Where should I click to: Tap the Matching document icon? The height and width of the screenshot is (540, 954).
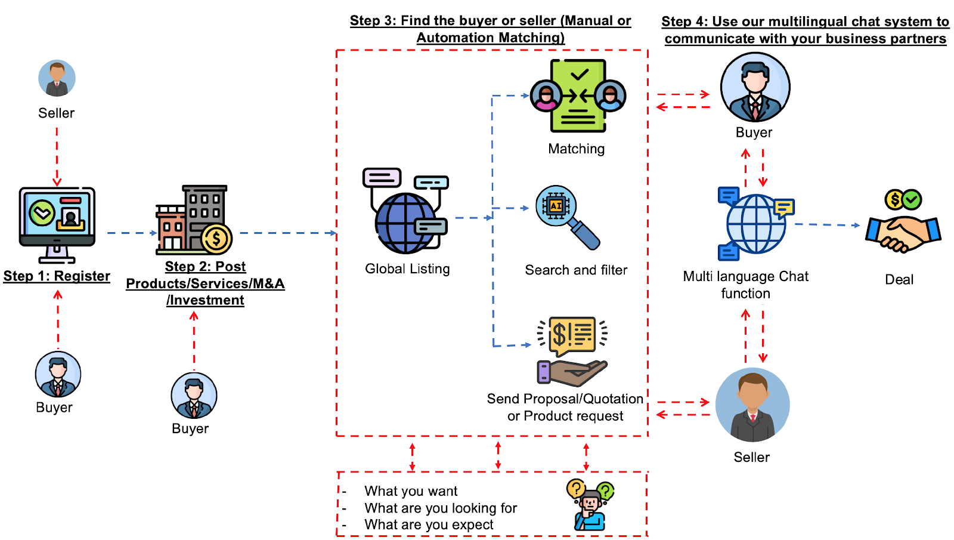coord(577,95)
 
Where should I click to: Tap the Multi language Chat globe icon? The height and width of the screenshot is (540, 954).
coord(756,224)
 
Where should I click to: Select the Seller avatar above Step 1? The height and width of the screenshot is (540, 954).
coord(57,78)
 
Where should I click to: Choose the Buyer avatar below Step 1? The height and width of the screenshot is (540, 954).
coord(58,374)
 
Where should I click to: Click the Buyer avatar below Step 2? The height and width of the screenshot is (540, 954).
coord(194,396)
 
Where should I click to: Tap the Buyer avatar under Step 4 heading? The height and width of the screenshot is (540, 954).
coord(755,87)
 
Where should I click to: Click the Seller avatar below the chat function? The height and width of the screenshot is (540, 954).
coord(752,405)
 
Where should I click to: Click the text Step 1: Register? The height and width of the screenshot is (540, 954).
coord(57,276)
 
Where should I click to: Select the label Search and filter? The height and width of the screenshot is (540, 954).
coord(576,270)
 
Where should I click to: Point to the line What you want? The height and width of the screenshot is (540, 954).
coord(411,491)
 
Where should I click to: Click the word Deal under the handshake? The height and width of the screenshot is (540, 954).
coord(899,280)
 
